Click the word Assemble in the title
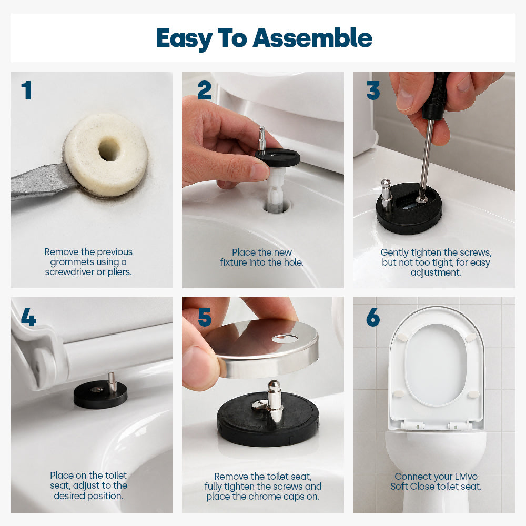312,38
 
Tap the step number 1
26,90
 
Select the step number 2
205,90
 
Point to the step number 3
373,90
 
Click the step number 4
28,317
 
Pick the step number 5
205,317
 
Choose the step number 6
373,317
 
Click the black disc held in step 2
277,157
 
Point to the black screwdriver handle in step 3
435,96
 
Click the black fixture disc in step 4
100,394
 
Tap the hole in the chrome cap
284,338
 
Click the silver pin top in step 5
274,387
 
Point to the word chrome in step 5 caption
268,497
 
